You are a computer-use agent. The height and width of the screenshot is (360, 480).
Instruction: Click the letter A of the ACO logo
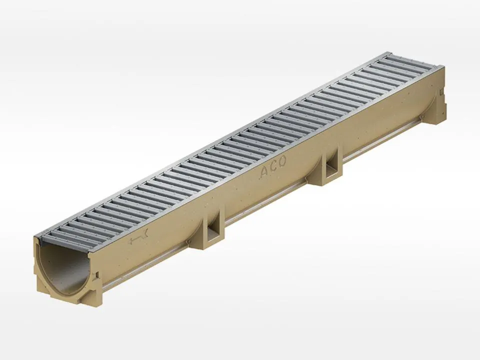coord(264,172)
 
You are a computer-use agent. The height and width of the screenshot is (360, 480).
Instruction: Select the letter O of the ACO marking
coord(281,161)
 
